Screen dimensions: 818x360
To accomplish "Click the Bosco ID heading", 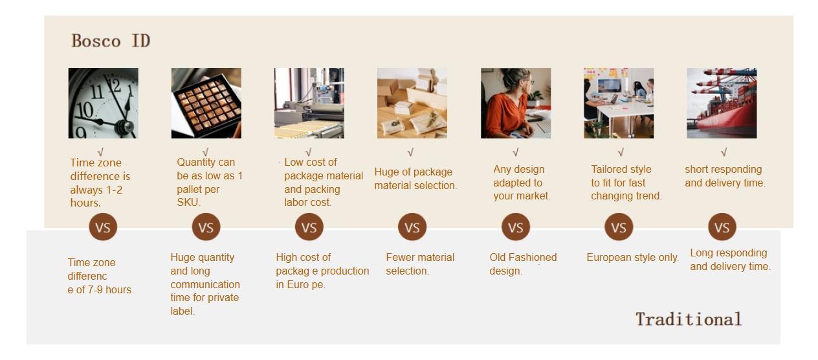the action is (x=111, y=41).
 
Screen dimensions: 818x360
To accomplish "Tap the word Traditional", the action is (x=689, y=319).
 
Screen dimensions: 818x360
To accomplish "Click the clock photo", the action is (x=104, y=103).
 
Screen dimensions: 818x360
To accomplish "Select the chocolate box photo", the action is (x=206, y=103).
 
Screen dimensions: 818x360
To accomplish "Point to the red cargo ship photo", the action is (x=722, y=103).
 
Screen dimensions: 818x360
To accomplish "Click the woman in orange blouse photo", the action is (x=516, y=103).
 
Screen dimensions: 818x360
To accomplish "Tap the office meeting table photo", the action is (x=619, y=103).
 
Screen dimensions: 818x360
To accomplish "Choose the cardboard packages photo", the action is (x=412, y=103).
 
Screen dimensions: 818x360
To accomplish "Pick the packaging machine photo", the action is (x=309, y=103).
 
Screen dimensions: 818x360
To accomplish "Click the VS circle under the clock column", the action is (x=103, y=227).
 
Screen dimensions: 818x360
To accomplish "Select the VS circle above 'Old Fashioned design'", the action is (x=516, y=227).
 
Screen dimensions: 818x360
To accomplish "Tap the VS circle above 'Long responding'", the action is (x=722, y=227).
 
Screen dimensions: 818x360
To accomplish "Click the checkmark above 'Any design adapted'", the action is (x=516, y=152).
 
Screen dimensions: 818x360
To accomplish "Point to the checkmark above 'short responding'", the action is (x=724, y=152).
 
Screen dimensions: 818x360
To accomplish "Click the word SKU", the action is (x=187, y=203).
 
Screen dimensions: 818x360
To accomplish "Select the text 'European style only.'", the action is (x=632, y=257).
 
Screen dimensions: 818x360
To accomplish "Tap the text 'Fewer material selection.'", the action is (x=420, y=264).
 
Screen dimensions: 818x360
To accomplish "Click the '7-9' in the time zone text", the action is (x=96, y=290).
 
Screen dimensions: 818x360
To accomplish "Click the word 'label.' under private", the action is (x=182, y=311).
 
